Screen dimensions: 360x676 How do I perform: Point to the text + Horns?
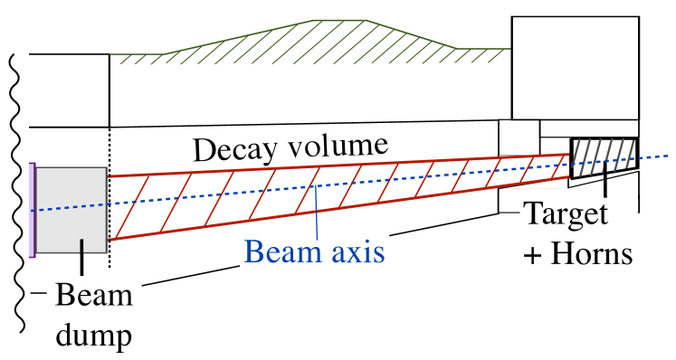576,254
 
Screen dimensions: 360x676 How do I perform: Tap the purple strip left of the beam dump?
33,210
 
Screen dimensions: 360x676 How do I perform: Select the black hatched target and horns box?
604,156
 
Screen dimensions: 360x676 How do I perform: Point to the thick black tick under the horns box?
605,185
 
